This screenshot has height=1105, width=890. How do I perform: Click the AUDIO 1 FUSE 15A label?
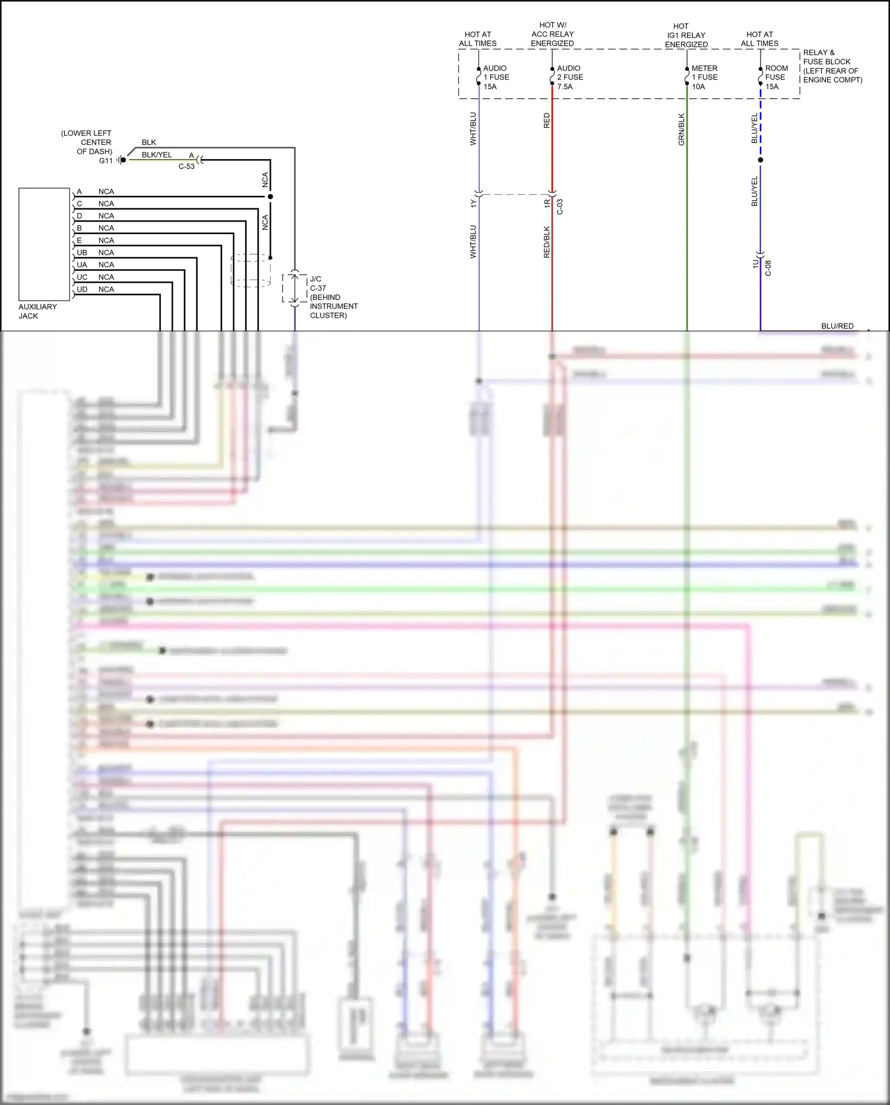pyautogui.click(x=496, y=77)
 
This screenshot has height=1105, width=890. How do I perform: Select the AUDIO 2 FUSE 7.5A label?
pyautogui.click(x=569, y=77)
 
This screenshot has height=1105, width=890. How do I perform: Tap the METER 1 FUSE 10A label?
pyautogui.click(x=704, y=77)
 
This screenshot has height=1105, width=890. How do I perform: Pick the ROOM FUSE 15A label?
pyautogui.click(x=776, y=77)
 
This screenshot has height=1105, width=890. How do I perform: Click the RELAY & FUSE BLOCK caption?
pyautogui.click(x=832, y=66)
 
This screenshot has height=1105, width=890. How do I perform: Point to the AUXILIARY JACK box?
pyautogui.click(x=44, y=244)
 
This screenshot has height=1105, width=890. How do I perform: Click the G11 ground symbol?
pyautogui.click(x=121, y=160)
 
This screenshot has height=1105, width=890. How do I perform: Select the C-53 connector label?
pyautogui.click(x=186, y=167)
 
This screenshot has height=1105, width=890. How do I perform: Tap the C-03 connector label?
pyautogui.click(x=560, y=207)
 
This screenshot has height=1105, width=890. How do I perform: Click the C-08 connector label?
pyautogui.click(x=768, y=268)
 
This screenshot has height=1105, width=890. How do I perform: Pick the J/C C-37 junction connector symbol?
pyautogui.click(x=294, y=288)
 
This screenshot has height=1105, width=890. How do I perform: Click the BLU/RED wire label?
pyautogui.click(x=837, y=326)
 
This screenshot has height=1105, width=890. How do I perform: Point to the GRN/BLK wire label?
pyautogui.click(x=682, y=129)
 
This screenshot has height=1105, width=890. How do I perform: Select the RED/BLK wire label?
pyautogui.click(x=547, y=242)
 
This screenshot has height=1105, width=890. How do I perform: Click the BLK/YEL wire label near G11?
pyautogui.click(x=157, y=155)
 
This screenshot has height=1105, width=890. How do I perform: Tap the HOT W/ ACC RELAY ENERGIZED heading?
pyautogui.click(x=552, y=34)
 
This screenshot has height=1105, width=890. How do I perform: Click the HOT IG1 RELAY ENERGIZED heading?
pyautogui.click(x=686, y=36)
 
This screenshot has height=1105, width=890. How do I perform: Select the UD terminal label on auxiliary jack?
pyautogui.click(x=82, y=290)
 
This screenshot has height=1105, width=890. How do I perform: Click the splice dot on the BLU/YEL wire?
pyautogui.click(x=761, y=160)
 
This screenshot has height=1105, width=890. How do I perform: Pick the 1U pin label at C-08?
pyautogui.click(x=756, y=264)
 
